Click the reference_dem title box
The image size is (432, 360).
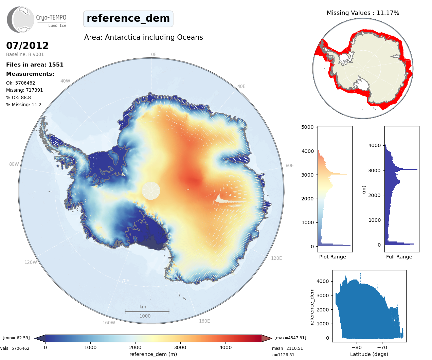click(128, 19)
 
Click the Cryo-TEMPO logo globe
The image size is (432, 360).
click(21, 20)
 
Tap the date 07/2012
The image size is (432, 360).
click(28, 46)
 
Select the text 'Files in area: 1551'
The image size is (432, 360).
click(35, 65)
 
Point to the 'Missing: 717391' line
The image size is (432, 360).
click(24, 90)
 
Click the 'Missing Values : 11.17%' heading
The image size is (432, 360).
click(363, 13)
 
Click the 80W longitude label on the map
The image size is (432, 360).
click(14, 164)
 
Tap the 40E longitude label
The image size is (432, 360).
click(241, 87)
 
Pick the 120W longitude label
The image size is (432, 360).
click(31, 263)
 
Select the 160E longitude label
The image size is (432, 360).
click(204, 321)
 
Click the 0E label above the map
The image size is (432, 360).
click(154, 55)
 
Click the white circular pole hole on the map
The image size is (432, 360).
click(151, 191)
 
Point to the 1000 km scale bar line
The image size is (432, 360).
click(147, 311)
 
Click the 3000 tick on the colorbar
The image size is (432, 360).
click(180, 347)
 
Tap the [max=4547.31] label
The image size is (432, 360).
click(290, 338)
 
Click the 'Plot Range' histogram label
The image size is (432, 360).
click(332, 257)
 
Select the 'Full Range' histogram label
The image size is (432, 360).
click(399, 257)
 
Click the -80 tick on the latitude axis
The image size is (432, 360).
click(357, 347)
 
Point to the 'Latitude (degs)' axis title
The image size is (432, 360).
click(369, 354)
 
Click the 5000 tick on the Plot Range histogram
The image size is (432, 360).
click(307, 127)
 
